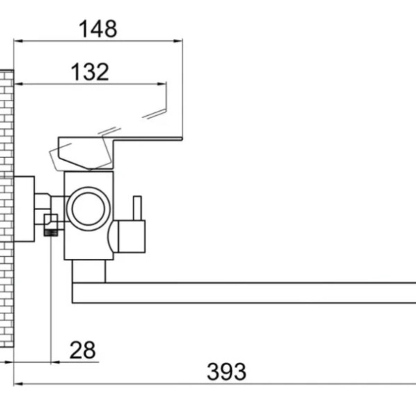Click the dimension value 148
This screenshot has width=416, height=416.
pos(98,28)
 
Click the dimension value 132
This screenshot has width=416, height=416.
pos(90,71)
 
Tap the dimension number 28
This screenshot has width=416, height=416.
pos(82,350)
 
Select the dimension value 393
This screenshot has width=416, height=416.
pos(226,371)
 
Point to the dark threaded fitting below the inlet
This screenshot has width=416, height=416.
pos(51,233)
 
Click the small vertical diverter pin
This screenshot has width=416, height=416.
pos(137,208)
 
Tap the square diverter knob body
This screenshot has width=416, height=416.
pos(132,236)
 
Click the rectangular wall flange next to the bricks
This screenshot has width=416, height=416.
pos(24,209)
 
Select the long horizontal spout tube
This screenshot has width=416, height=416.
pos(244,293)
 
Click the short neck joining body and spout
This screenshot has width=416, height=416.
pos(89,271)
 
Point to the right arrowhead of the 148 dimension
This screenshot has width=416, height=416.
pos(178,41)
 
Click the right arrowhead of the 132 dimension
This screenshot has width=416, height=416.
pos(161,83)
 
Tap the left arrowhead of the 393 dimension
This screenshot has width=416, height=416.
pos(18,383)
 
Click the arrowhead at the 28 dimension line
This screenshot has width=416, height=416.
pos(55,362)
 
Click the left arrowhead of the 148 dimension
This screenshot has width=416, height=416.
pos(18,41)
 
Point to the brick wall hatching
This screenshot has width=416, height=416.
pos(6,209)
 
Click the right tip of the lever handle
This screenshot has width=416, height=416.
pos(182,139)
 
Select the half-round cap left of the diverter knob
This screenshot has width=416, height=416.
pos(113,236)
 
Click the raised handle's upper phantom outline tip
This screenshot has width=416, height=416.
pos(166,83)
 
